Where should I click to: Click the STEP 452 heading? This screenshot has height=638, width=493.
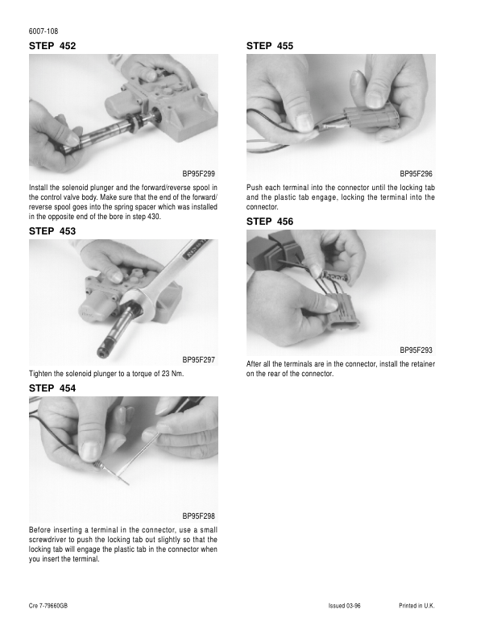coord(52,46)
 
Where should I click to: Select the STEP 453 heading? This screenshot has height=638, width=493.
coord(52,231)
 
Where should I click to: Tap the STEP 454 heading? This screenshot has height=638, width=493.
coord(52,388)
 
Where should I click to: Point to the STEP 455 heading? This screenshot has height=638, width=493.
coord(270,46)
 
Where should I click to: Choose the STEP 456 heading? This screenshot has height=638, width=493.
coord(270,222)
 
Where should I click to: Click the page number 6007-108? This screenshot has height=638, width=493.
coord(43,31)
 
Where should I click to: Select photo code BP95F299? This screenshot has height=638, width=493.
coord(198,174)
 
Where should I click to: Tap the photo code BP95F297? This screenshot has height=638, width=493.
coord(198,360)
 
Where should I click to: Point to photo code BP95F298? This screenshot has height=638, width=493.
coord(198,516)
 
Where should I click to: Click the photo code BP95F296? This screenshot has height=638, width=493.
coord(416,174)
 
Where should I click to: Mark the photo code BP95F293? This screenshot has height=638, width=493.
coord(416,350)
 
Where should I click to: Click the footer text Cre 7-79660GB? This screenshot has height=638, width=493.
coord(48,606)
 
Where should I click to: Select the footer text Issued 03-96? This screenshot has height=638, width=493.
coord(344,606)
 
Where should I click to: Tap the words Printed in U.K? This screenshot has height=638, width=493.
coord(416,606)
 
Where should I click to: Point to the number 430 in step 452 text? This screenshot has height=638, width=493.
coord(155,217)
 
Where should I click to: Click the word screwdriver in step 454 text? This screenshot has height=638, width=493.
coord(48,540)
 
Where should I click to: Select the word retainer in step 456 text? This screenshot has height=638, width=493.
coord(421,364)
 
